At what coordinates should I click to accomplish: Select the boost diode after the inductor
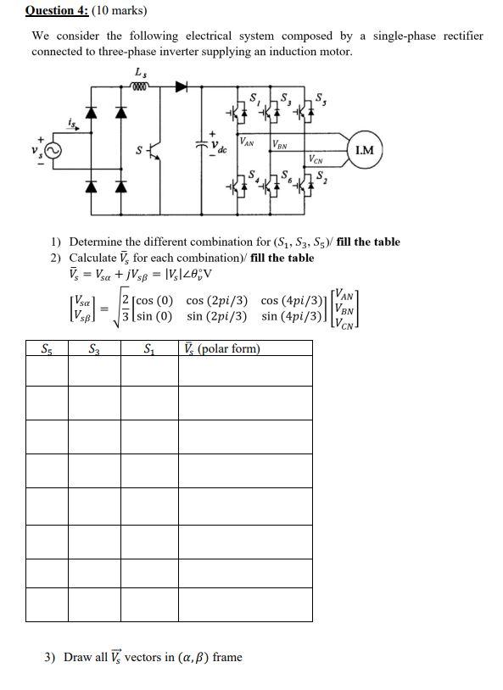click(180, 86)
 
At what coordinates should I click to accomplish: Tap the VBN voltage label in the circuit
click(280, 144)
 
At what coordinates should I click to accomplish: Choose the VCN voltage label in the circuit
click(315, 158)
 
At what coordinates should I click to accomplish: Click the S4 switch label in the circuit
click(252, 175)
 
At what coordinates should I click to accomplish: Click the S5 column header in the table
click(48, 348)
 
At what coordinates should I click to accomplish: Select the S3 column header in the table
click(93, 348)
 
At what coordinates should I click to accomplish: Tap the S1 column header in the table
click(148, 348)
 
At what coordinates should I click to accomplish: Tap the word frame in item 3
click(227, 657)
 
